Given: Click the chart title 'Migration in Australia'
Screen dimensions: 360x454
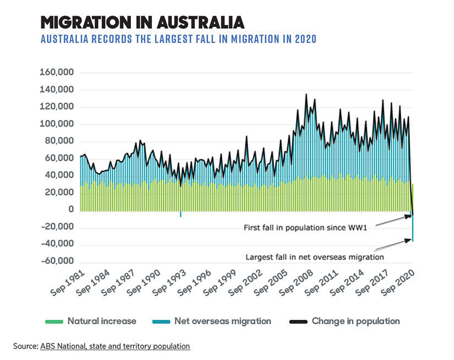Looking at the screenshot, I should click(x=143, y=22).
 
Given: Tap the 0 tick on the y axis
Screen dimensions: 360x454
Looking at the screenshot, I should click(x=70, y=210).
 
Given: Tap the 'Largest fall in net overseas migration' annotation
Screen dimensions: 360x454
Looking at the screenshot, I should click(x=314, y=257).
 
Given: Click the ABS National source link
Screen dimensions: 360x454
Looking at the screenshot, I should click(x=114, y=346).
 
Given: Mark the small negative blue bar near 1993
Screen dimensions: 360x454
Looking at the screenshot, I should click(x=180, y=214).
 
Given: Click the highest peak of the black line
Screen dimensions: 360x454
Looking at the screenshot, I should click(x=307, y=95).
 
